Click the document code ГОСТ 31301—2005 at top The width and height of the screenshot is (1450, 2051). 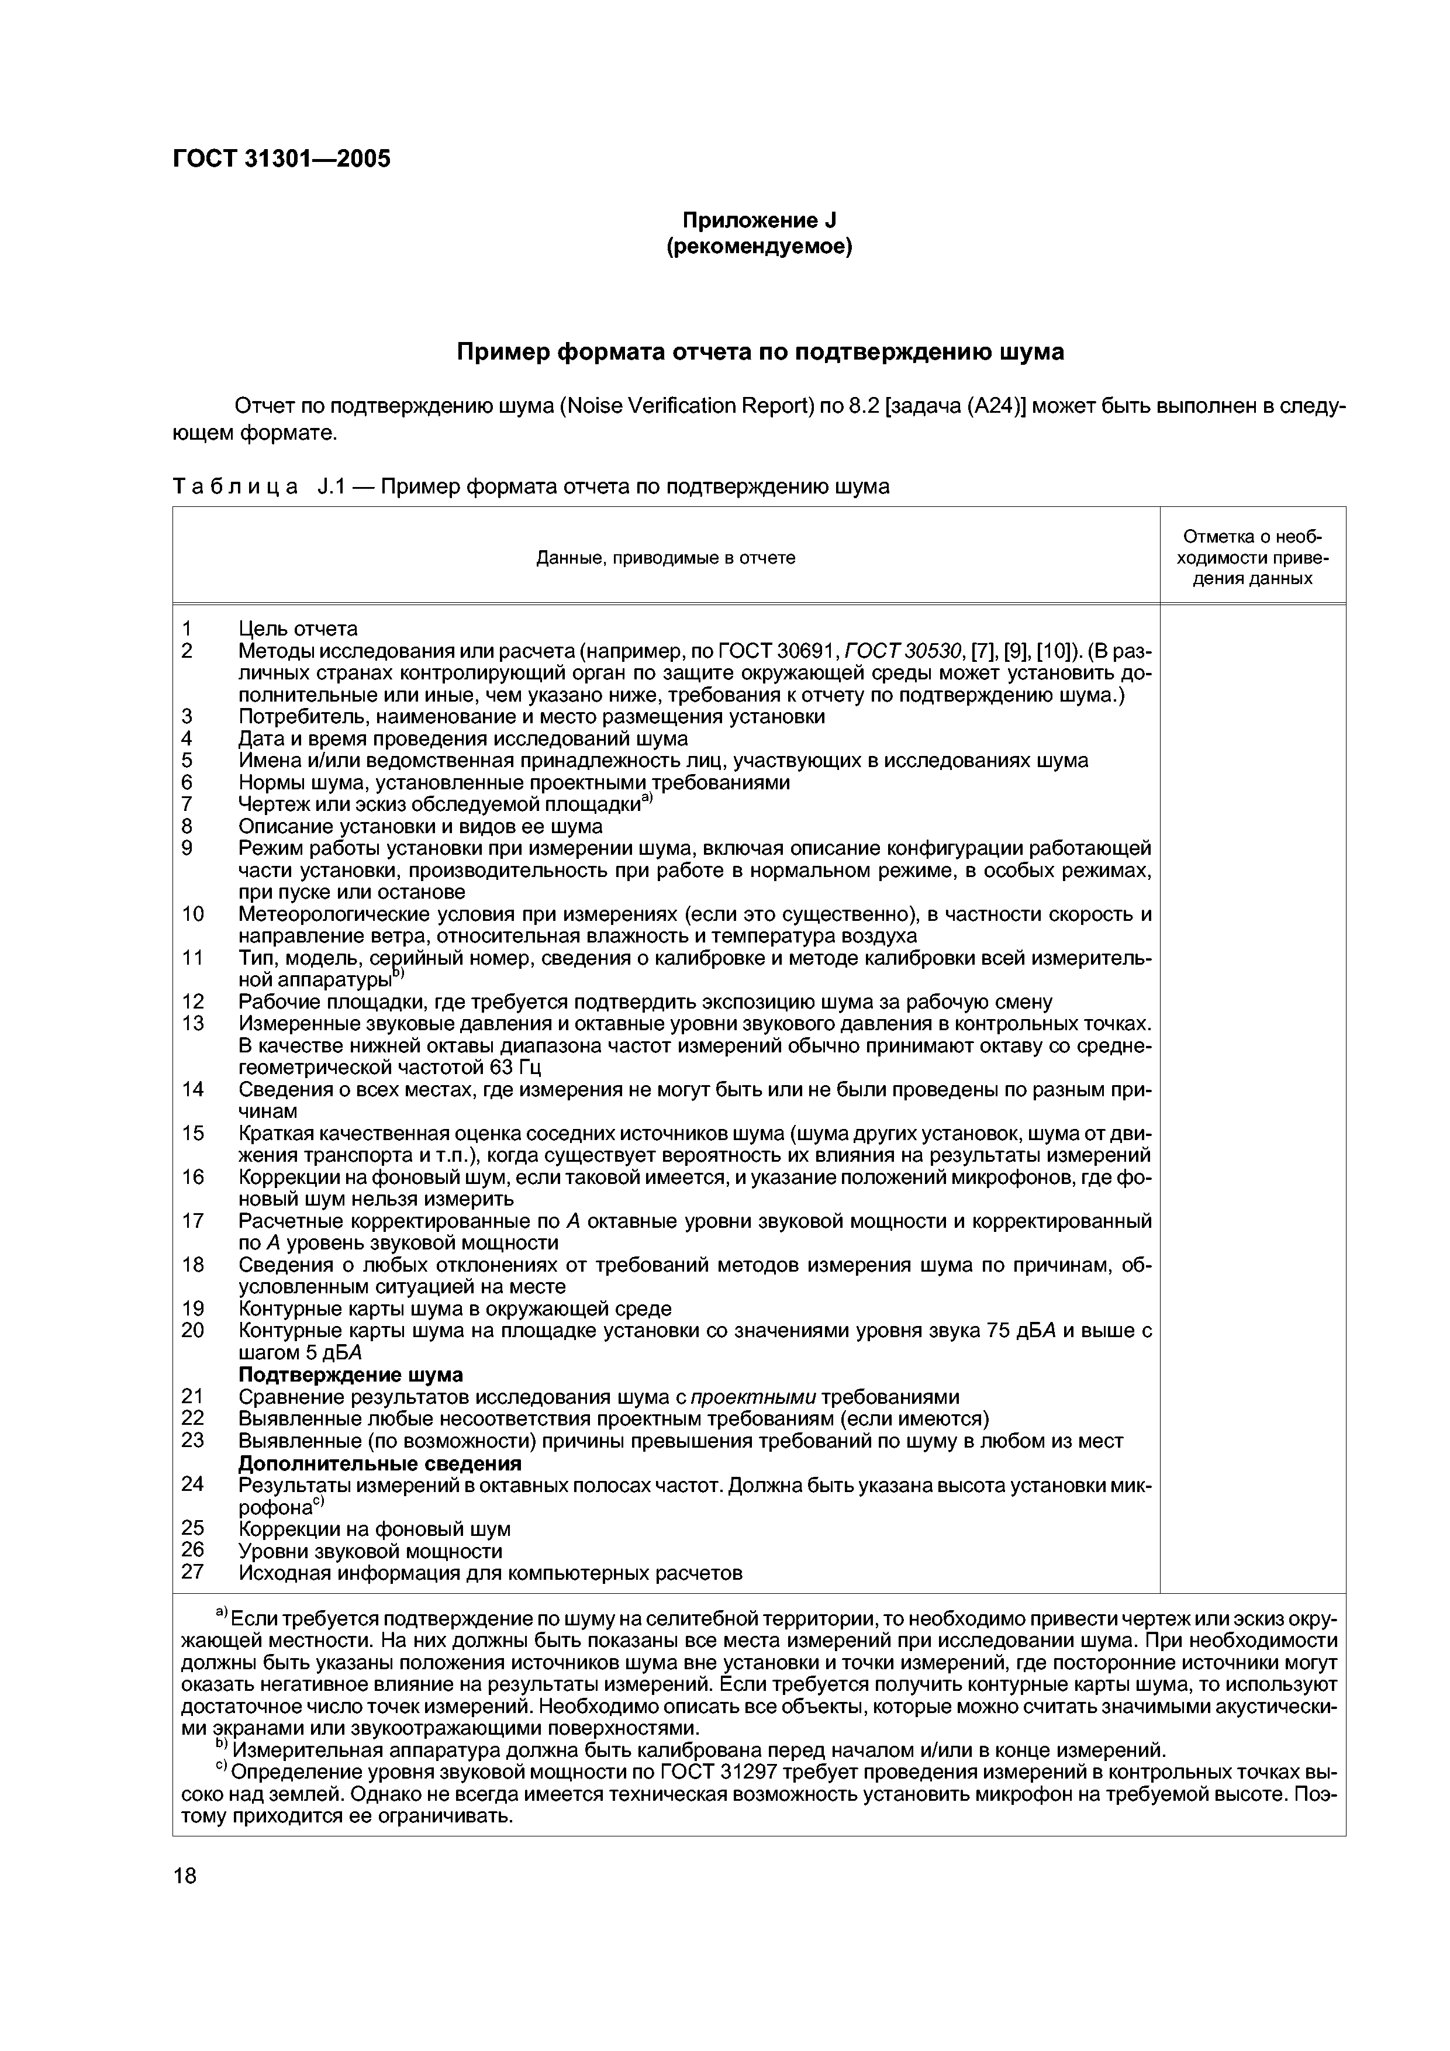pyautogui.click(x=281, y=159)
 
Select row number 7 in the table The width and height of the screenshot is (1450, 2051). pyautogui.click(x=187, y=804)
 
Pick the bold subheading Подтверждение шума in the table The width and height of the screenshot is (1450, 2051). pyautogui.click(x=350, y=1374)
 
